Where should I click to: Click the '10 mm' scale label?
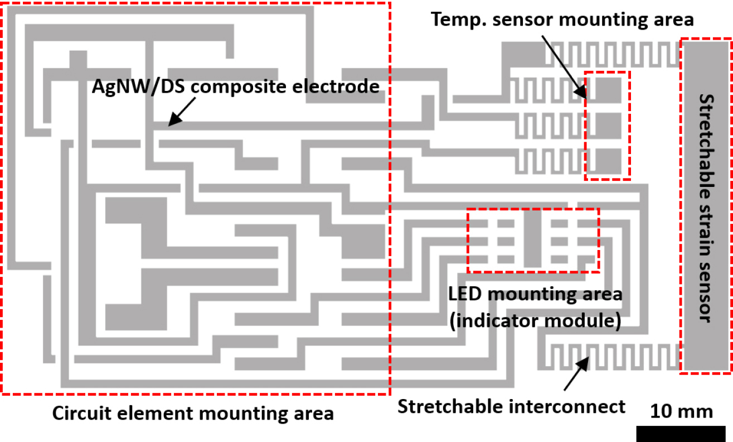681,412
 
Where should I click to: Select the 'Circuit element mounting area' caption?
193,414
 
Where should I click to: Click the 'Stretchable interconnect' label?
511,407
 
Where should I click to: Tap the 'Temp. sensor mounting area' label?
562,20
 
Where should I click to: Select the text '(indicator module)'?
535,321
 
